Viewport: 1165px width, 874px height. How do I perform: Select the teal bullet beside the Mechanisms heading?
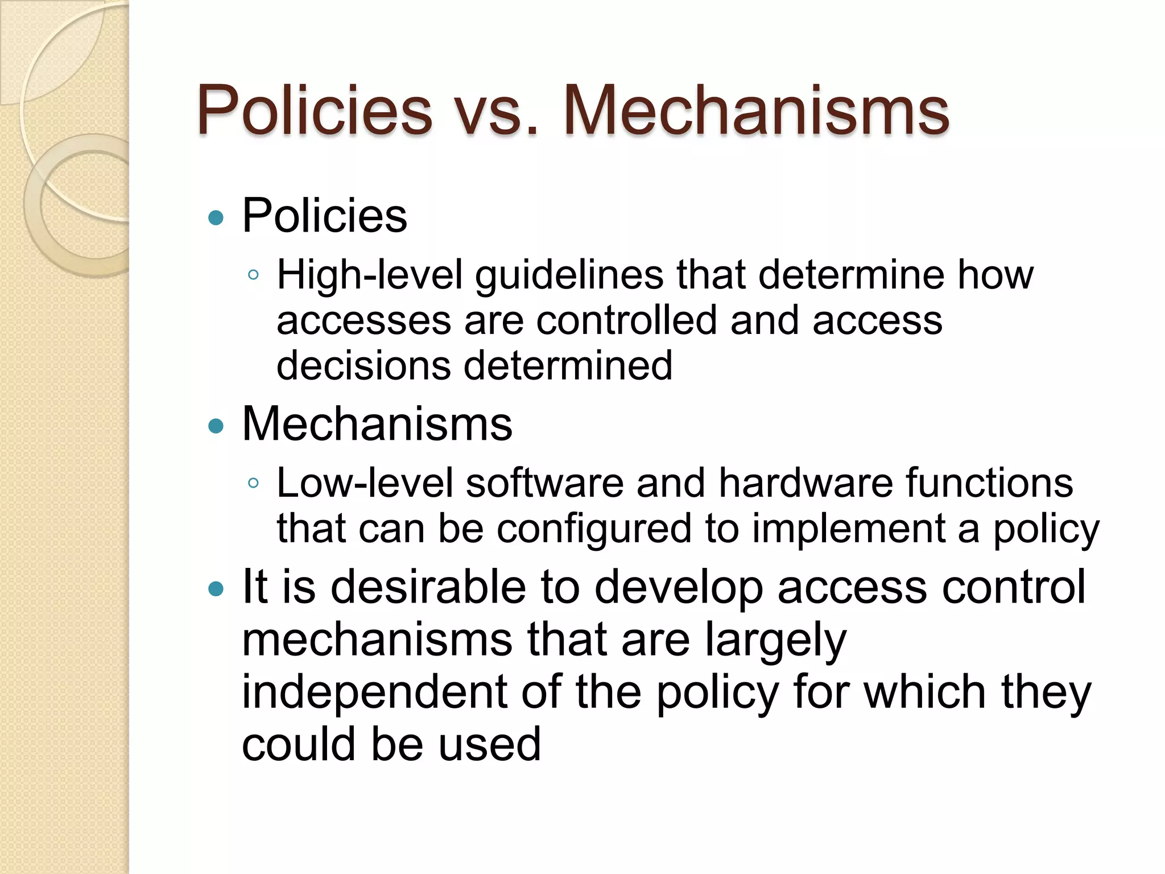[216, 426]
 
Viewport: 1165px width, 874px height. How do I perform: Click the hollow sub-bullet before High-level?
[254, 275]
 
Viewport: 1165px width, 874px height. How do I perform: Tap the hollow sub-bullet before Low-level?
[254, 484]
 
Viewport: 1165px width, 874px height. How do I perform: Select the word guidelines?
[569, 276]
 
